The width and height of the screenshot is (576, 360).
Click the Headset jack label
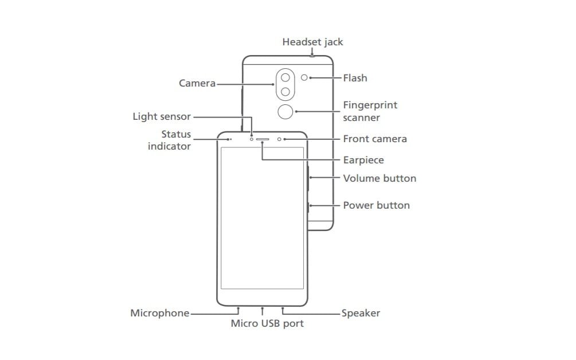312,42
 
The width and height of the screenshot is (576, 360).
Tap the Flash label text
355,78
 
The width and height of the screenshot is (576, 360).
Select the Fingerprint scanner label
370,111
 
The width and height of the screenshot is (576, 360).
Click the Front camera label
375,139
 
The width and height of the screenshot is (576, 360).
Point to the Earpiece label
363,160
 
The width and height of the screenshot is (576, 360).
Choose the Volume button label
379,178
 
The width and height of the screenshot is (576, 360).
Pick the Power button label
376,205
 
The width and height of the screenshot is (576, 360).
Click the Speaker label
361,313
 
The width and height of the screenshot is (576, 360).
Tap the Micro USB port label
267,323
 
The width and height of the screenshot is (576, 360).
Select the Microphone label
160,313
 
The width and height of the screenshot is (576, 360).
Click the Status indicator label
169,140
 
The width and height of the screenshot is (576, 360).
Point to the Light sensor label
162,116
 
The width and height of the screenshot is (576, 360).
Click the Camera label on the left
197,83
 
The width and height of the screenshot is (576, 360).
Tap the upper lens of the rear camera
285,77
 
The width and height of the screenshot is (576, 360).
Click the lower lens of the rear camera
285,92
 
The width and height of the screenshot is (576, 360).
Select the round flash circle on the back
304,77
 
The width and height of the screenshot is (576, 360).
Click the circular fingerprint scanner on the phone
285,112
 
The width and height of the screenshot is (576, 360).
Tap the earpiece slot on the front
262,139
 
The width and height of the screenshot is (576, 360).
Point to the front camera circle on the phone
279,139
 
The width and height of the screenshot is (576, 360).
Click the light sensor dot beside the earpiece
252,139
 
